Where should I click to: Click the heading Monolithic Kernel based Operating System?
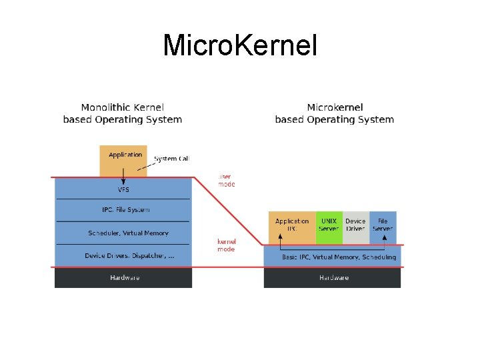pos(122,113)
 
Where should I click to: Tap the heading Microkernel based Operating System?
pos(334,113)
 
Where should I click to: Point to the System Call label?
pos(171,159)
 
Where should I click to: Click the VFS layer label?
pos(123,190)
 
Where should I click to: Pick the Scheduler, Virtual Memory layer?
pos(128,233)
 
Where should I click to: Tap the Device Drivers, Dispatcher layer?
pos(129,256)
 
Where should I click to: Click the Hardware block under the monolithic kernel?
pos(124,277)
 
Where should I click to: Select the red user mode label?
pos(226,180)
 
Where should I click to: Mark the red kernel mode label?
pos(226,245)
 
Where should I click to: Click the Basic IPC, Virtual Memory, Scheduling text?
pos(339,257)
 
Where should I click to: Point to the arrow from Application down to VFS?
pos(123,177)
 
